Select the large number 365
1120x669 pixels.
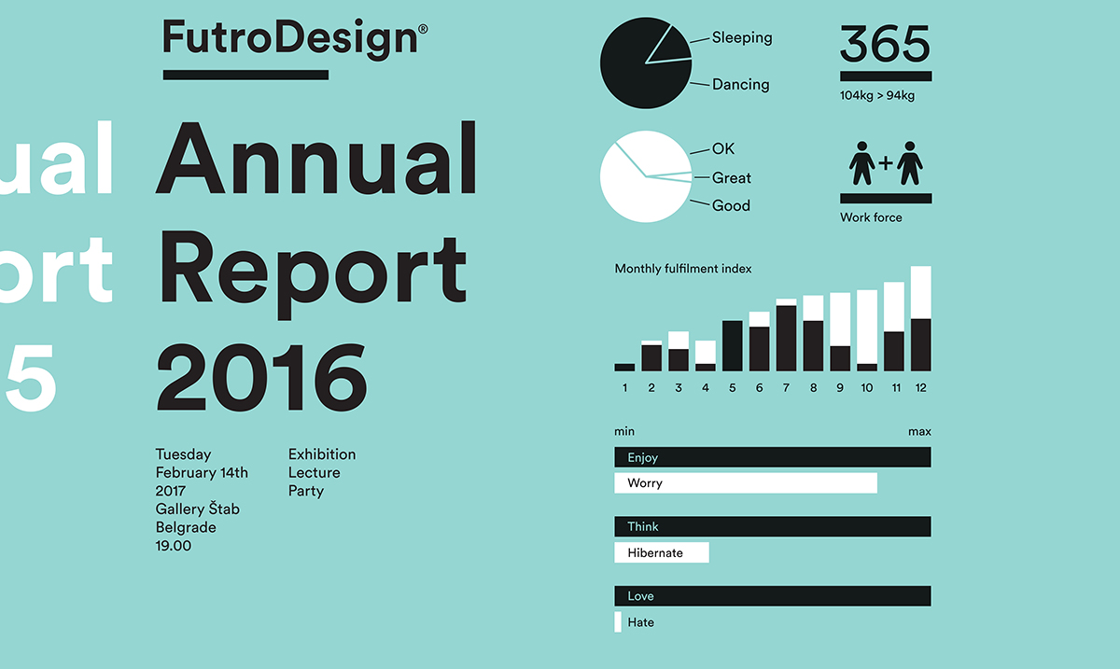(885, 45)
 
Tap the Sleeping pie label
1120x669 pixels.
(742, 38)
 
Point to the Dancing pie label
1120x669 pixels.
(740, 85)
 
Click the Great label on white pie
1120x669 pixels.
(731, 178)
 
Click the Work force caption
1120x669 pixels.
(871, 218)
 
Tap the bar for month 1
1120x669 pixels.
(624, 367)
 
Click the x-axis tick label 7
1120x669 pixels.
(786, 388)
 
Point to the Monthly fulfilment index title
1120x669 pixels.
(682, 269)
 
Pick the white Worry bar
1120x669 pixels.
(745, 483)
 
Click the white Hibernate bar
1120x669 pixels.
(661, 552)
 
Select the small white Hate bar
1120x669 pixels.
(618, 621)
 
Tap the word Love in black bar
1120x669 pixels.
(640, 596)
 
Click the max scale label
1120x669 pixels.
(919, 432)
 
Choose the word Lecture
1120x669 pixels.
(314, 473)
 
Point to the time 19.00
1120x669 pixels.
(173, 546)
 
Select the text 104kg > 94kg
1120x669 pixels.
(876, 95)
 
